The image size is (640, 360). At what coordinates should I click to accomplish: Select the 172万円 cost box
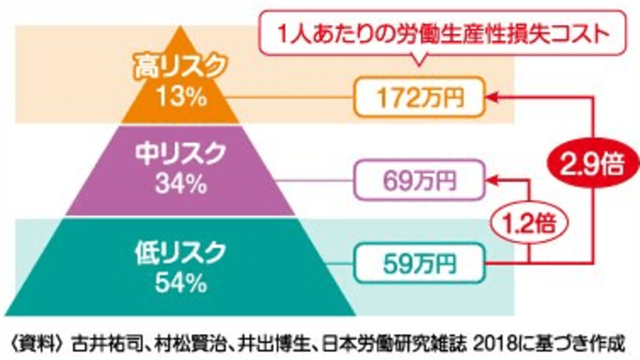tap(419, 94)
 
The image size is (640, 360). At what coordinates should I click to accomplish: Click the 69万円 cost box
tap(419, 177)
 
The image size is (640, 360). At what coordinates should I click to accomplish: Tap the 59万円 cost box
tap(419, 264)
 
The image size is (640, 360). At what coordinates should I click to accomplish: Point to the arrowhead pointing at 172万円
tap(493, 94)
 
